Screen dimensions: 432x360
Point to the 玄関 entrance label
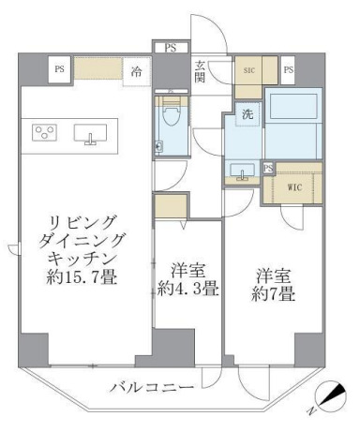(x=201, y=72)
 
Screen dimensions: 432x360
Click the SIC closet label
(x=250, y=69)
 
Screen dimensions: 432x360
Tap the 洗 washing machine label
(x=247, y=114)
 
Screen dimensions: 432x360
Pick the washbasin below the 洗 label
(x=246, y=171)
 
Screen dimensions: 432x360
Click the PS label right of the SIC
(x=289, y=69)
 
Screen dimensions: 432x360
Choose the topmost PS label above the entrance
(x=170, y=47)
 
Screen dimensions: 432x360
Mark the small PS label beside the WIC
(x=268, y=169)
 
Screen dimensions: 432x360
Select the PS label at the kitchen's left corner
(x=60, y=68)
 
